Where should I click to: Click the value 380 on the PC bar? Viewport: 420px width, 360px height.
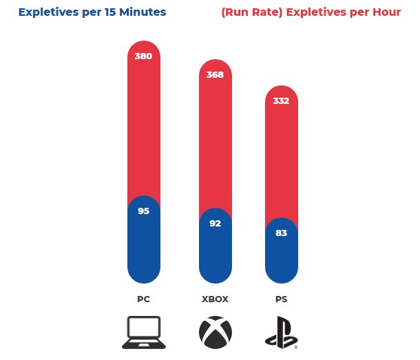click(143, 56)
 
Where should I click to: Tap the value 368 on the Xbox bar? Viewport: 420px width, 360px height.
click(215, 74)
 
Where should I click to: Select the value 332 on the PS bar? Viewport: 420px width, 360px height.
click(281, 100)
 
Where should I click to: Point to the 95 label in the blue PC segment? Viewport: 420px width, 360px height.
click(144, 211)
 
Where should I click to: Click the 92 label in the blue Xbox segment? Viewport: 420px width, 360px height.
click(215, 223)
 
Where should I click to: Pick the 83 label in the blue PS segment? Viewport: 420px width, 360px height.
click(281, 233)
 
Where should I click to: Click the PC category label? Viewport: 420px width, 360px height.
click(144, 299)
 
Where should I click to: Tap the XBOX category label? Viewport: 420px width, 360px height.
click(215, 299)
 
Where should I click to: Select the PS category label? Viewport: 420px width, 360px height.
click(281, 299)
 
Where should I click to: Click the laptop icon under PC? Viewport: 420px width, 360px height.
click(144, 332)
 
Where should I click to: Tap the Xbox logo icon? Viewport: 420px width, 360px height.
click(216, 332)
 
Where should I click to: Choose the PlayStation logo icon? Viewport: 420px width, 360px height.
click(281, 332)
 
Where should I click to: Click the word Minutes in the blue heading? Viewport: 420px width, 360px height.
click(143, 12)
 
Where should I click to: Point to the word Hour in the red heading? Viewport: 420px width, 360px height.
click(387, 12)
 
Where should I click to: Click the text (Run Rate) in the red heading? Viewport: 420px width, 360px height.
click(252, 12)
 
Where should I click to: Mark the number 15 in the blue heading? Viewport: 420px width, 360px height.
click(110, 12)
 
